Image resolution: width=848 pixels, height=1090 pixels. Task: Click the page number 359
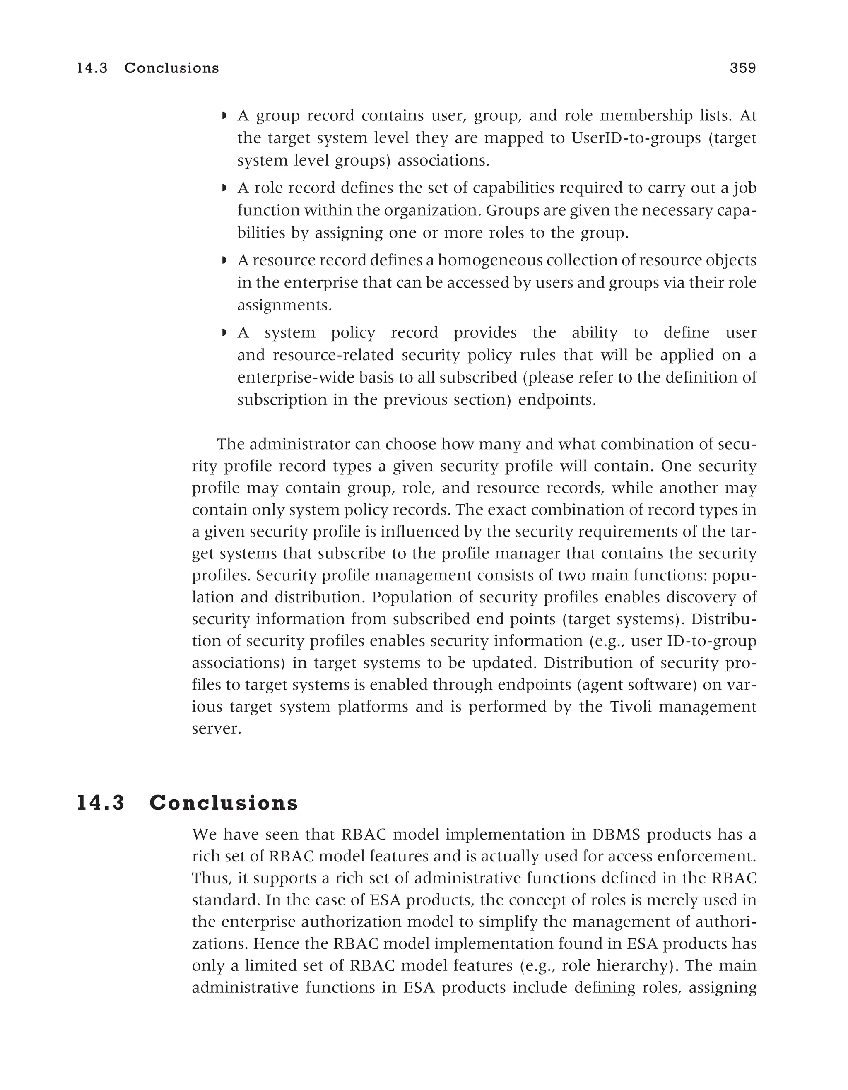(743, 68)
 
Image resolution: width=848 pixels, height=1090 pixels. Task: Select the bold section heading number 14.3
(100, 803)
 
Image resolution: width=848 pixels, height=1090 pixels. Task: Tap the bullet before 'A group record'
(224, 116)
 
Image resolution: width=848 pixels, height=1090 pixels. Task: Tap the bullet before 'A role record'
(224, 189)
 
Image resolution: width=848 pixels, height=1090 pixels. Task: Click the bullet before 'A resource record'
(224, 260)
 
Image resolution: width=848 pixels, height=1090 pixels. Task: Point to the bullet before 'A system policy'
(224, 332)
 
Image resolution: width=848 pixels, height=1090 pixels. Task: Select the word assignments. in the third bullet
(284, 306)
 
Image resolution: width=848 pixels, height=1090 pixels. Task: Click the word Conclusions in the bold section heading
(224, 803)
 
